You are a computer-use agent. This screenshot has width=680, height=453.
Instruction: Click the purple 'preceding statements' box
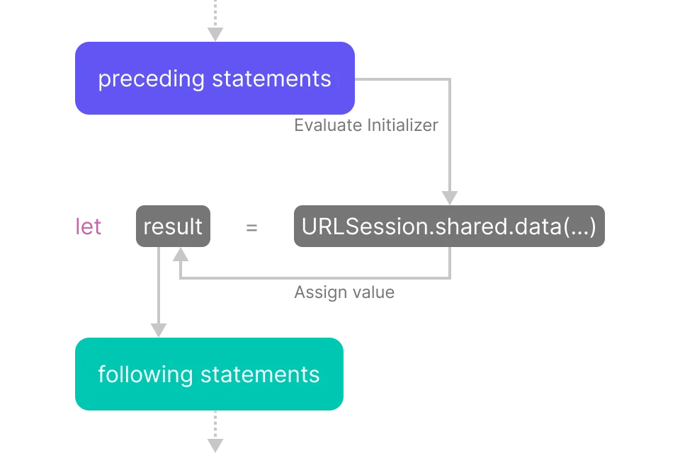215,78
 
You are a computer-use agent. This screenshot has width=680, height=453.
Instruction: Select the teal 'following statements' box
209,374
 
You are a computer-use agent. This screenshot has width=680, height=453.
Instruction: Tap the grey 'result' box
173,226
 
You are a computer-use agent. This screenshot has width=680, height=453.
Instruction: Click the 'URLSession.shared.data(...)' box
449,226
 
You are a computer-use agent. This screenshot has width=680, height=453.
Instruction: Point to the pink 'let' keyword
89,226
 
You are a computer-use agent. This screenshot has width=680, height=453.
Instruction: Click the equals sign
251,228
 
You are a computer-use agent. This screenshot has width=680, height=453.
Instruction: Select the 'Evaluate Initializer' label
366,125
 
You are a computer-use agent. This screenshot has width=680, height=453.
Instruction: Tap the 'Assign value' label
344,292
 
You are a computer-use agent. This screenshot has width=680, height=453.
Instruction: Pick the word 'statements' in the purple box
271,79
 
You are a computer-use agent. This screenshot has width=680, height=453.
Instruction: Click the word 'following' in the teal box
145,374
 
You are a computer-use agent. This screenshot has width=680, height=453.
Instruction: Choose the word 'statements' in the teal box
260,374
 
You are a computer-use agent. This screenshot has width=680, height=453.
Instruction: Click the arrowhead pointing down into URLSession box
450,197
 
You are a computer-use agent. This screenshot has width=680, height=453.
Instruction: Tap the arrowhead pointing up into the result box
181,255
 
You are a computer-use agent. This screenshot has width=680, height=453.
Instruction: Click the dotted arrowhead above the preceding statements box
215,34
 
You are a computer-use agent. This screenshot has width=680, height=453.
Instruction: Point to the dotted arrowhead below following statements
215,446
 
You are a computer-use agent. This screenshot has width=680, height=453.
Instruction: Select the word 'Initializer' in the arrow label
402,125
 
